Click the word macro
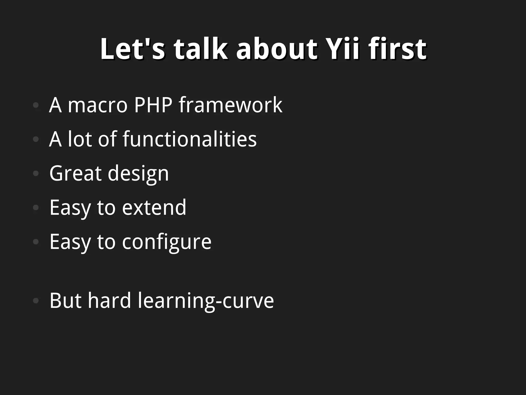tap(98, 105)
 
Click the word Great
tap(75, 173)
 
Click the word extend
tap(154, 207)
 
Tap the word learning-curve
tap(206, 301)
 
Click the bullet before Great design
tap(36, 173)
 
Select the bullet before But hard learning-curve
tap(36, 300)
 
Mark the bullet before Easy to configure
tap(36, 242)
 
